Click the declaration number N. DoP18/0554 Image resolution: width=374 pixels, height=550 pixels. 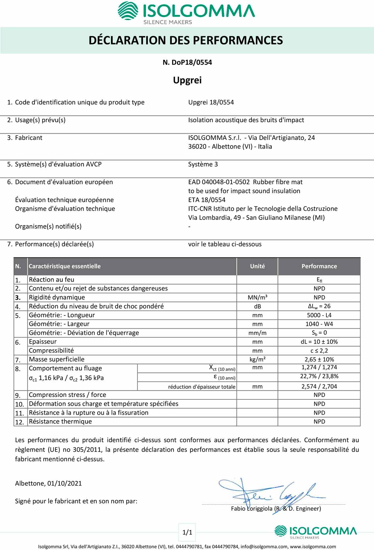tap(187, 62)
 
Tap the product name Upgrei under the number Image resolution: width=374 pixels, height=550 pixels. tap(187, 80)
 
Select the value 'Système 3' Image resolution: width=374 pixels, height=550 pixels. tap(203, 164)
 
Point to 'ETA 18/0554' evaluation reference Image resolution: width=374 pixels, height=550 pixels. tap(207, 200)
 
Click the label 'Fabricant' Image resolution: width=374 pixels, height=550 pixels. tap(29, 138)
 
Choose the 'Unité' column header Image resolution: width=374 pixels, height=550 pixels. tap(257, 266)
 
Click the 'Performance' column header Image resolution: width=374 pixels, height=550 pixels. tap(319, 266)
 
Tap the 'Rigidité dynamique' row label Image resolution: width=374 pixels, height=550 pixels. tap(57, 297)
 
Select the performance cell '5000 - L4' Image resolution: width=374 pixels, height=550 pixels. tap(319, 315)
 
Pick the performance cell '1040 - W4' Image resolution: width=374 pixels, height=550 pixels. tap(319, 324)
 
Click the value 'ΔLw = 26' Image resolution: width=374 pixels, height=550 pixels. tap(319, 306)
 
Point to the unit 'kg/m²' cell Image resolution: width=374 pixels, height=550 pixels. tap(257, 359)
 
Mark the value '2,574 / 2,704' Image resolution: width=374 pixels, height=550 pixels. tap(319, 387)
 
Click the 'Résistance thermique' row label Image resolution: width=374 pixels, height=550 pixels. tap(60, 422)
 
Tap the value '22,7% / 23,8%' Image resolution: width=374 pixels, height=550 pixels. tap(319, 376)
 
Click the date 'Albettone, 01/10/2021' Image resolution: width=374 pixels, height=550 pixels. tap(48, 483)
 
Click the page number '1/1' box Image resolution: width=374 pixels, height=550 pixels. tap(187, 533)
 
